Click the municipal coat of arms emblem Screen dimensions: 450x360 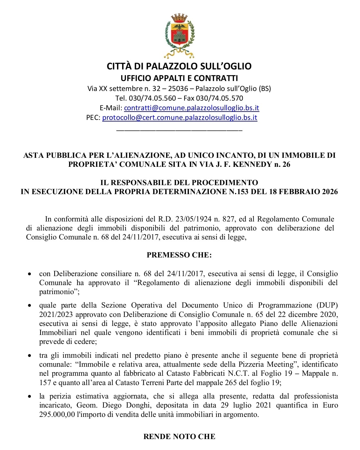pyautogui.click(x=180, y=35)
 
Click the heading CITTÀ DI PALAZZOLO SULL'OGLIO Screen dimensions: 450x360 pyautogui.click(x=179, y=66)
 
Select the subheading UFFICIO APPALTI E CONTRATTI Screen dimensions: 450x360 pyautogui.click(x=179, y=78)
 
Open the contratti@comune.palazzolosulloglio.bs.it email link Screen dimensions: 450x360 pyautogui.click(x=192, y=108)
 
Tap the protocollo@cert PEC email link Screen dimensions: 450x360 pyautogui.click(x=180, y=118)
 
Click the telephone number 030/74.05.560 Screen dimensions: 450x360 pyautogui.click(x=152, y=98)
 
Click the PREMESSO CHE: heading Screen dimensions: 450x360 pyautogui.click(x=179, y=255)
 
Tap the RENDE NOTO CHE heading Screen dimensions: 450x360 pyautogui.click(x=179, y=437)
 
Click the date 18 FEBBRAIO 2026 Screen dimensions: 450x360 pyautogui.click(x=301, y=192)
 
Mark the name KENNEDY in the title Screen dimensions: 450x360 pyautogui.click(x=252, y=165)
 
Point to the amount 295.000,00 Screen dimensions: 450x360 pyautogui.click(x=57, y=415)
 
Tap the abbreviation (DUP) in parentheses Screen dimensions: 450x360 pyautogui.click(x=327, y=305)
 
